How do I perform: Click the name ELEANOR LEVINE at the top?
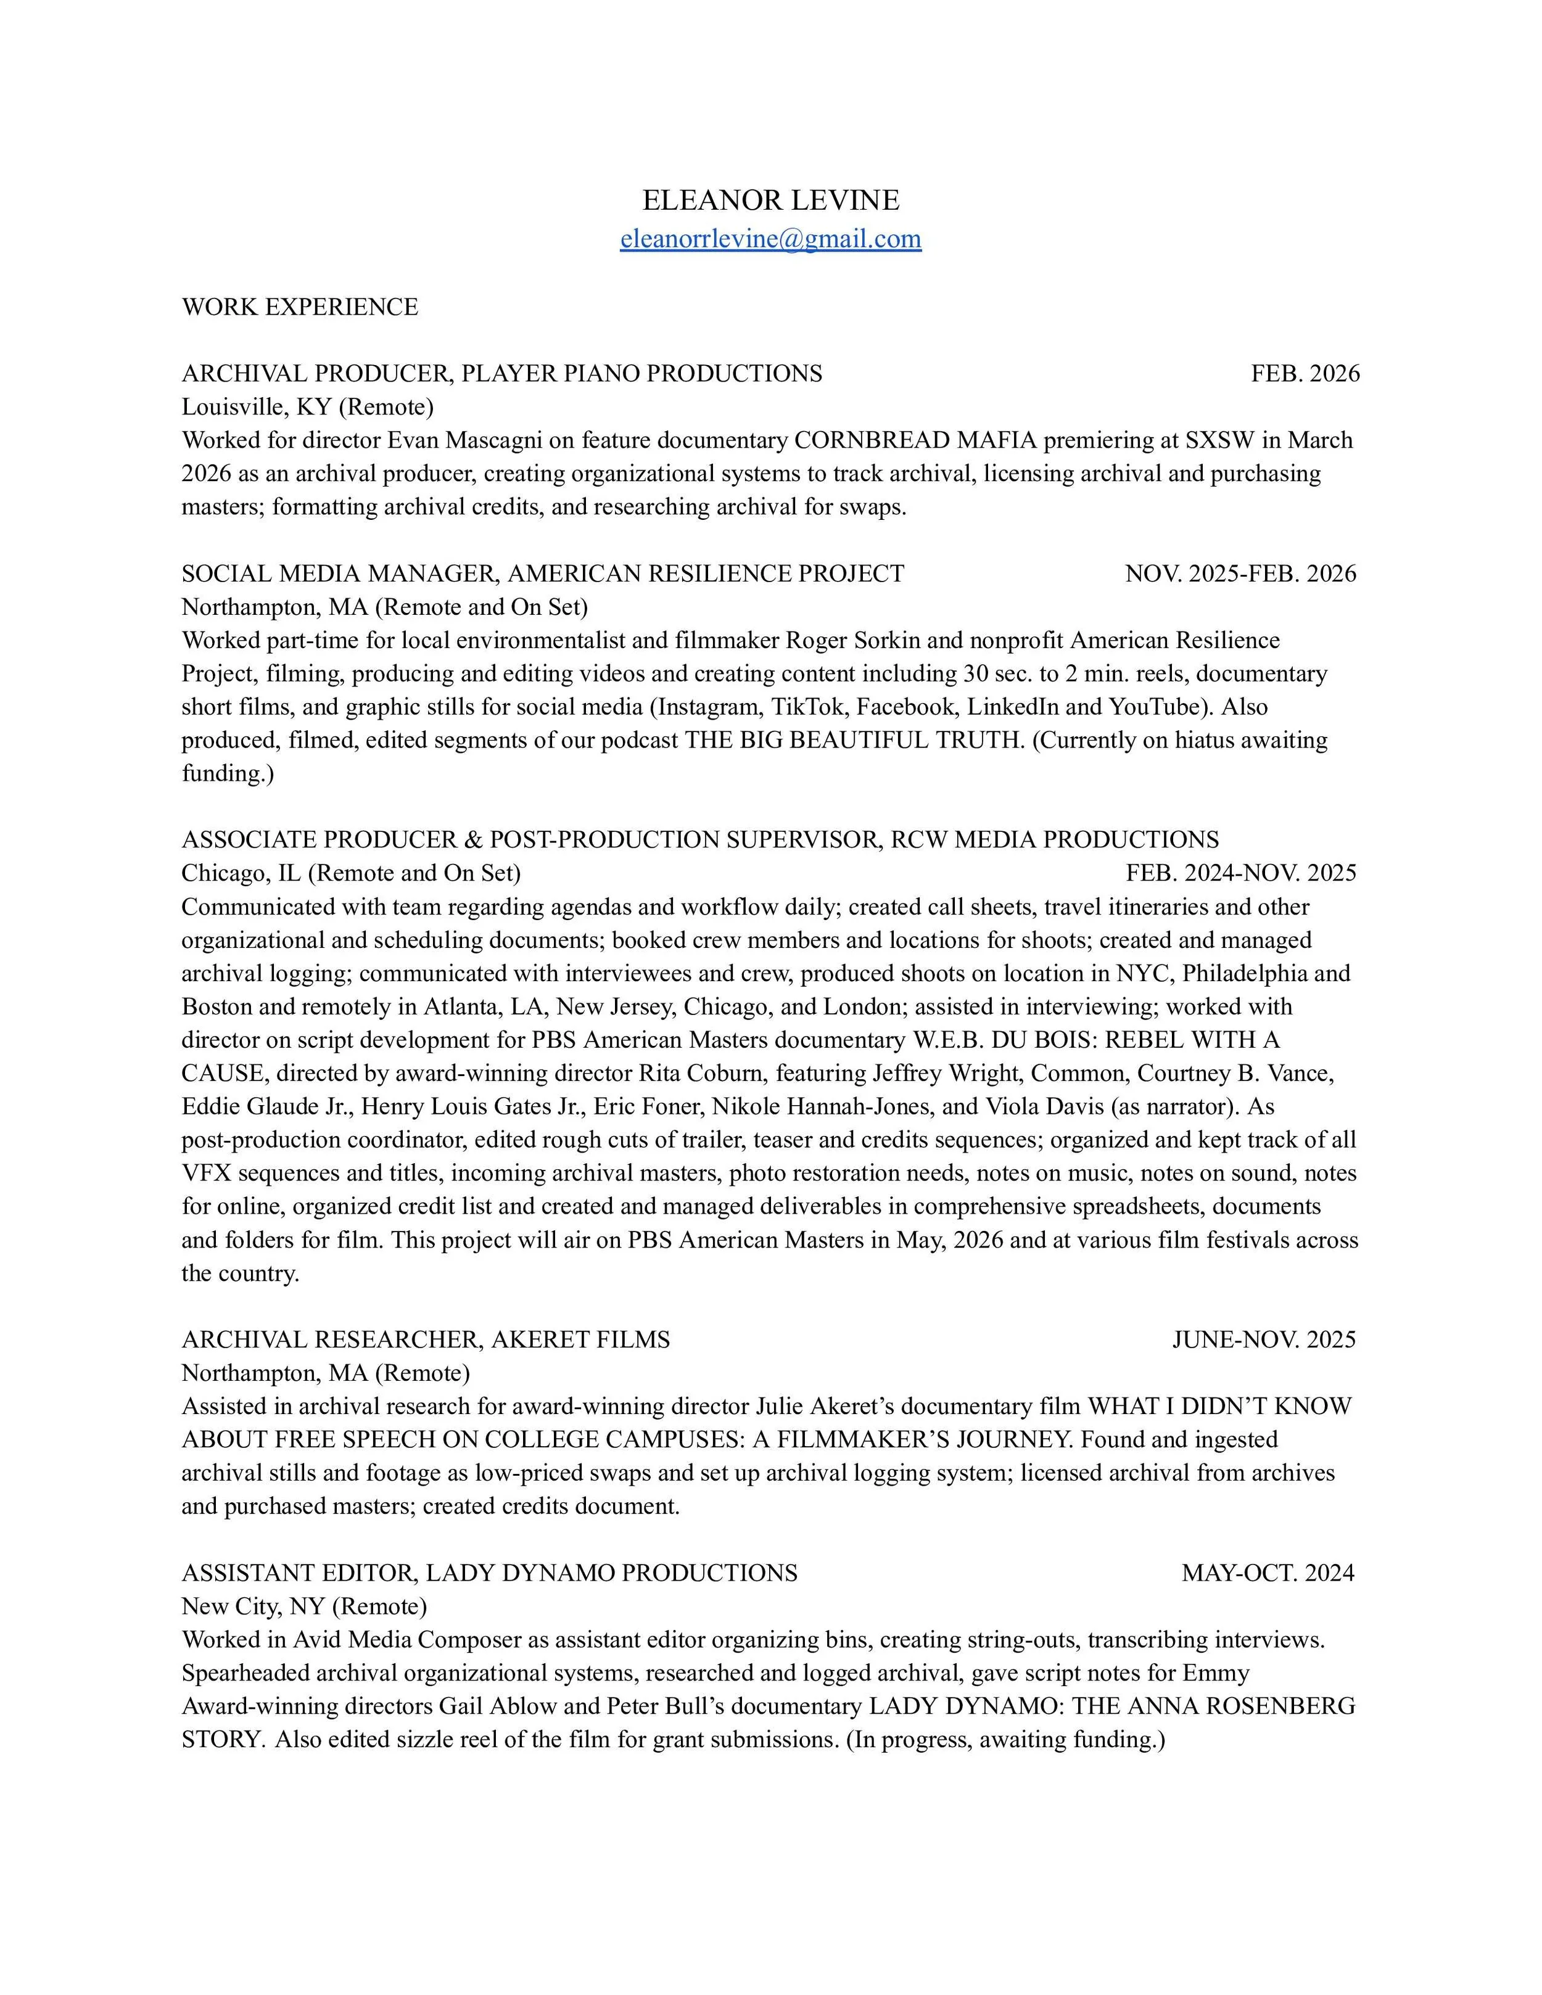pyautogui.click(x=770, y=200)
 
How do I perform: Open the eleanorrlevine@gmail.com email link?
pyautogui.click(x=770, y=239)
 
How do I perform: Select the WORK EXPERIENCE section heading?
pyautogui.click(x=300, y=307)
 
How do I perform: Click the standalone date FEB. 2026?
pyautogui.click(x=1305, y=374)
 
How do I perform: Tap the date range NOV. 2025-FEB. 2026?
pyautogui.click(x=1240, y=574)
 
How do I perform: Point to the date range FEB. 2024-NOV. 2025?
pyautogui.click(x=1240, y=873)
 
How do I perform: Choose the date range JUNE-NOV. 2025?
pyautogui.click(x=1264, y=1340)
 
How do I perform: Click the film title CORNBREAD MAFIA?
pyautogui.click(x=915, y=440)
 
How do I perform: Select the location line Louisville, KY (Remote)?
pyautogui.click(x=307, y=406)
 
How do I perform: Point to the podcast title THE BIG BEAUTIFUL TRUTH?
pyautogui.click(x=854, y=740)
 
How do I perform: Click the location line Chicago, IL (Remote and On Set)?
pyautogui.click(x=351, y=873)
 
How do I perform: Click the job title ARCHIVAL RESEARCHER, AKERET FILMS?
pyautogui.click(x=426, y=1340)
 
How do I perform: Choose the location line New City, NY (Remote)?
pyautogui.click(x=304, y=1606)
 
